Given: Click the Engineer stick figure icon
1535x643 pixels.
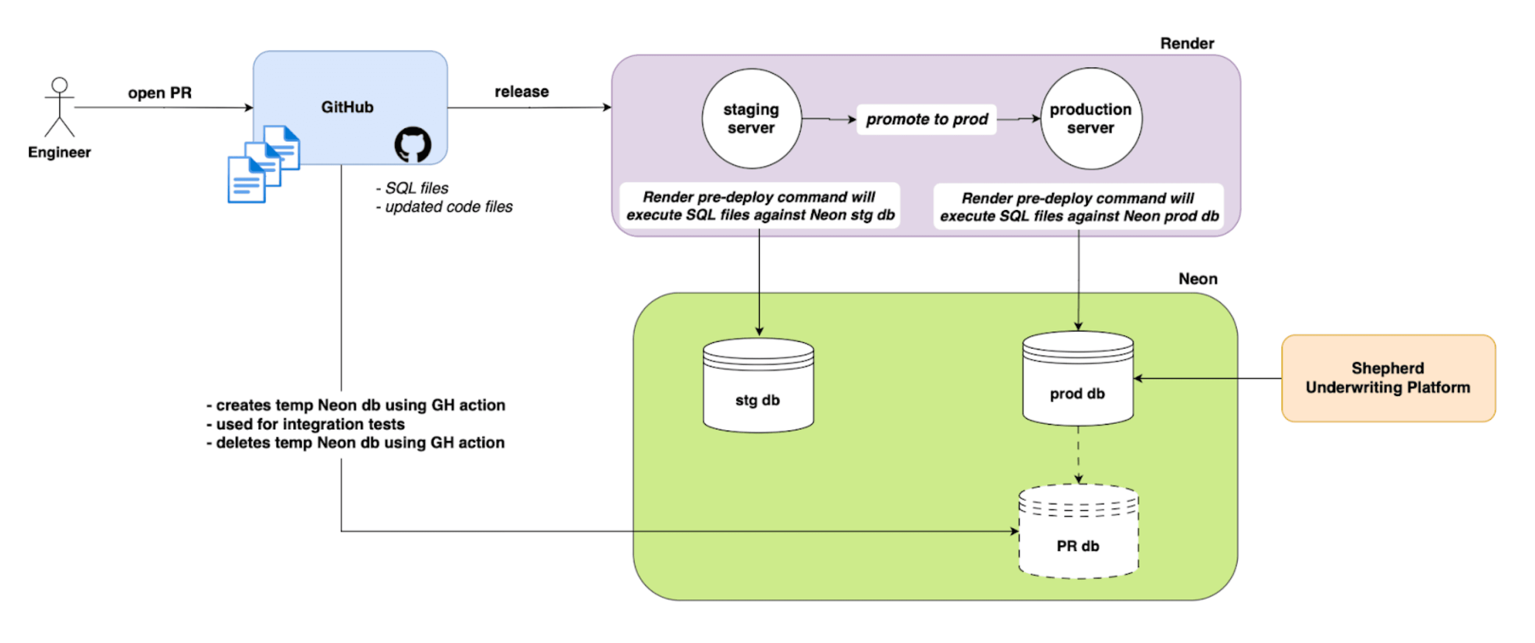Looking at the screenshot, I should click(60, 107).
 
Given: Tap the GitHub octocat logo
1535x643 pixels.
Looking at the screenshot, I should click(412, 144).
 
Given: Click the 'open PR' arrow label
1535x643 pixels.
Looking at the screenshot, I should click(160, 93).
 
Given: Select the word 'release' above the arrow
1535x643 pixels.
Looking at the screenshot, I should click(522, 92).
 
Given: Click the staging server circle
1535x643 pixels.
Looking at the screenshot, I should click(751, 119).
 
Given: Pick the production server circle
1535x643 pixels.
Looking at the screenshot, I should click(1090, 119).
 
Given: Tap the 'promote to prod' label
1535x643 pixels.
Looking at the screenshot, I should click(927, 119).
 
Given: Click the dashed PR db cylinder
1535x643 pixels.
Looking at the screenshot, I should click(1078, 532).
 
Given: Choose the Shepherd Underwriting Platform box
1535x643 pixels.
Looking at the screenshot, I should click(1388, 378).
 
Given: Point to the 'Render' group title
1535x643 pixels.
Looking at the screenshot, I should click(1187, 44).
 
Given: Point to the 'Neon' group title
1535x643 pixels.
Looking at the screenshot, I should click(1198, 279).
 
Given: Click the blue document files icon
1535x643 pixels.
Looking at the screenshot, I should click(264, 164).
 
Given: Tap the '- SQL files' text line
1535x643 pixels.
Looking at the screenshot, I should click(412, 188).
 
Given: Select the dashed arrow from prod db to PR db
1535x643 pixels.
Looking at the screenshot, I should click(1078, 454).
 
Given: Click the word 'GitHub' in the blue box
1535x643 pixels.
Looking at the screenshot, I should click(347, 107).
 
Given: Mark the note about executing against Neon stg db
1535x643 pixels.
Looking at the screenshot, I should click(760, 205).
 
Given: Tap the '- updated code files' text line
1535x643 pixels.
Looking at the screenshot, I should click(445, 207).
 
